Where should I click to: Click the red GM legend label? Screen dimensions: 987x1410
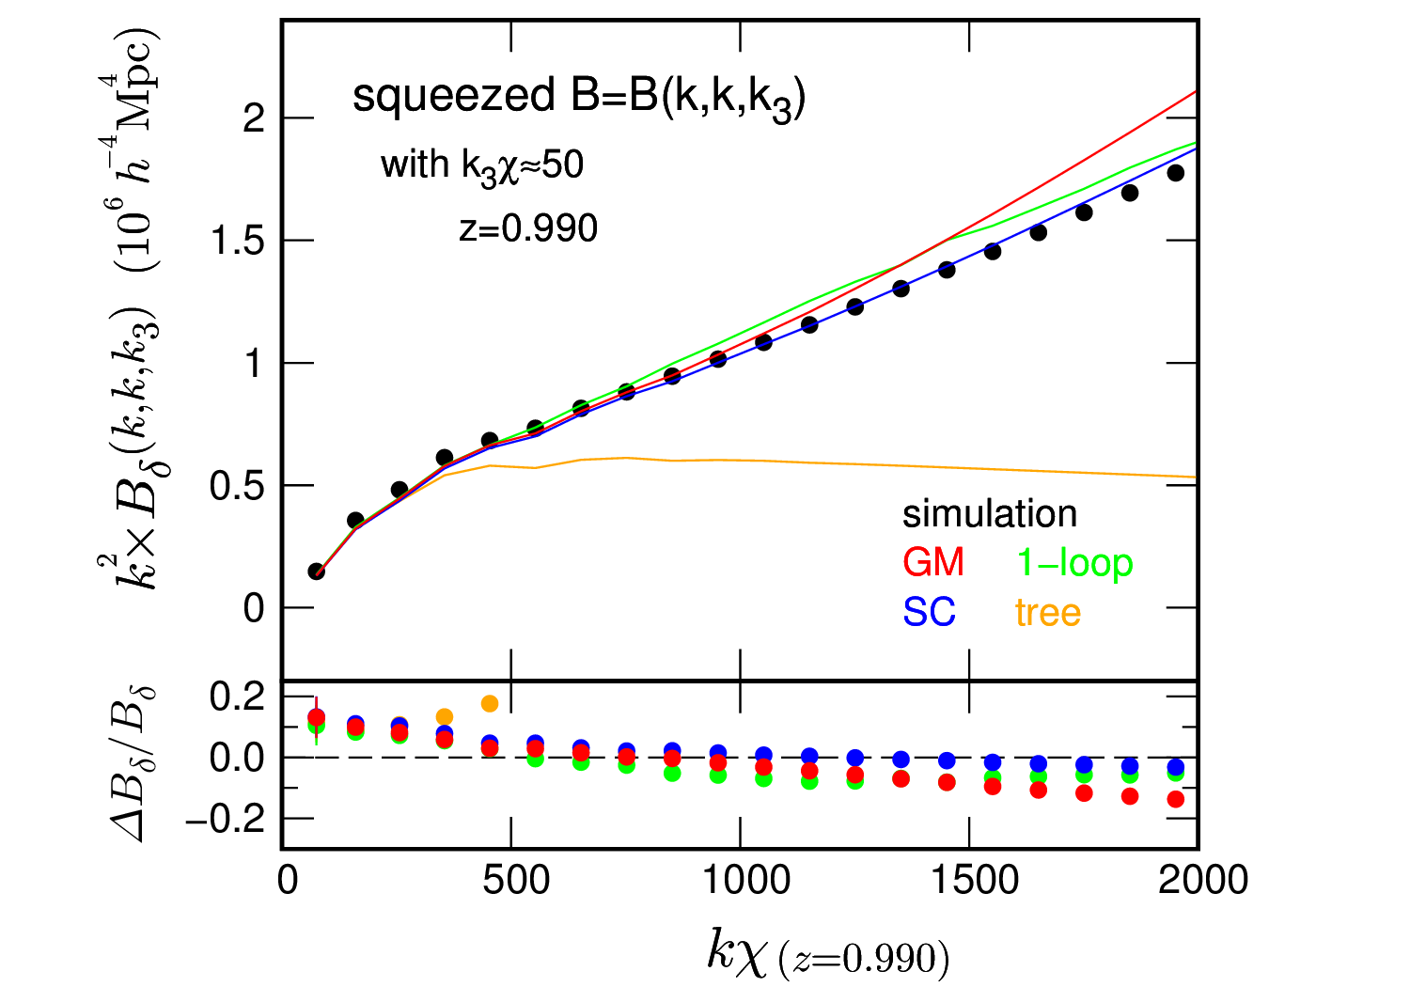[x=932, y=562]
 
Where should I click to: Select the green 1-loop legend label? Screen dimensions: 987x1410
[x=1074, y=562]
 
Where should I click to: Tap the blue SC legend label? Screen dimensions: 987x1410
[x=929, y=612]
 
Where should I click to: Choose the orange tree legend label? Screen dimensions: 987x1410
[x=1047, y=612]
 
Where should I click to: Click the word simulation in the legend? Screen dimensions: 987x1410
[x=989, y=513]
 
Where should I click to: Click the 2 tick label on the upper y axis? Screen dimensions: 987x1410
[x=253, y=118]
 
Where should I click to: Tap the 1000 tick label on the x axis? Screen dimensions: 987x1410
[x=746, y=881]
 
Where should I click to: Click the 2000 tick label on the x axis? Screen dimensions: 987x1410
[x=1202, y=881]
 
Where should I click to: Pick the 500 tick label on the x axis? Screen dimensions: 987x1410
[x=515, y=881]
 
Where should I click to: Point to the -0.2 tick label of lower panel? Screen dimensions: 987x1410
[x=225, y=819]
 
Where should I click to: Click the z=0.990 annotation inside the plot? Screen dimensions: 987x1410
[x=528, y=228]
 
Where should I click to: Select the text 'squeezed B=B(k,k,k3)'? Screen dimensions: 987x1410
[x=579, y=98]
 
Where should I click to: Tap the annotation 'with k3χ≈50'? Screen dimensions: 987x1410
[x=481, y=165]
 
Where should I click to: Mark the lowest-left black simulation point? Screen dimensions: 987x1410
[x=317, y=572]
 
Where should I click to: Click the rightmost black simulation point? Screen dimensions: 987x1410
[x=1175, y=173]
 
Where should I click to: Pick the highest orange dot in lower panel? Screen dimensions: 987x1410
[x=489, y=703]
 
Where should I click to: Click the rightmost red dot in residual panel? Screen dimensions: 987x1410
[x=1175, y=799]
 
